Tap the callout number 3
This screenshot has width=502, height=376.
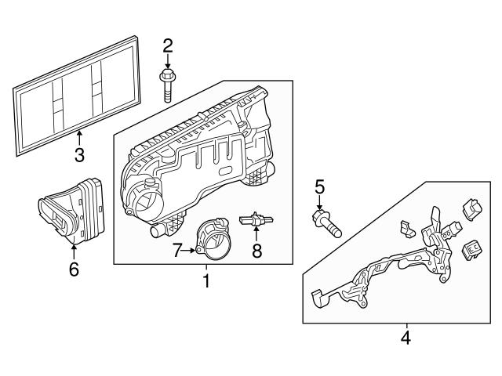tap(79, 155)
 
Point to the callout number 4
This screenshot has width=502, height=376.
tap(406, 338)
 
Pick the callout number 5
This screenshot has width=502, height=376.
tap(319, 187)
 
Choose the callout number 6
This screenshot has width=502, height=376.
tap(74, 269)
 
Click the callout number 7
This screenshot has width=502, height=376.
tap(178, 251)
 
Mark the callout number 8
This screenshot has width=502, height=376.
tap(256, 251)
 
